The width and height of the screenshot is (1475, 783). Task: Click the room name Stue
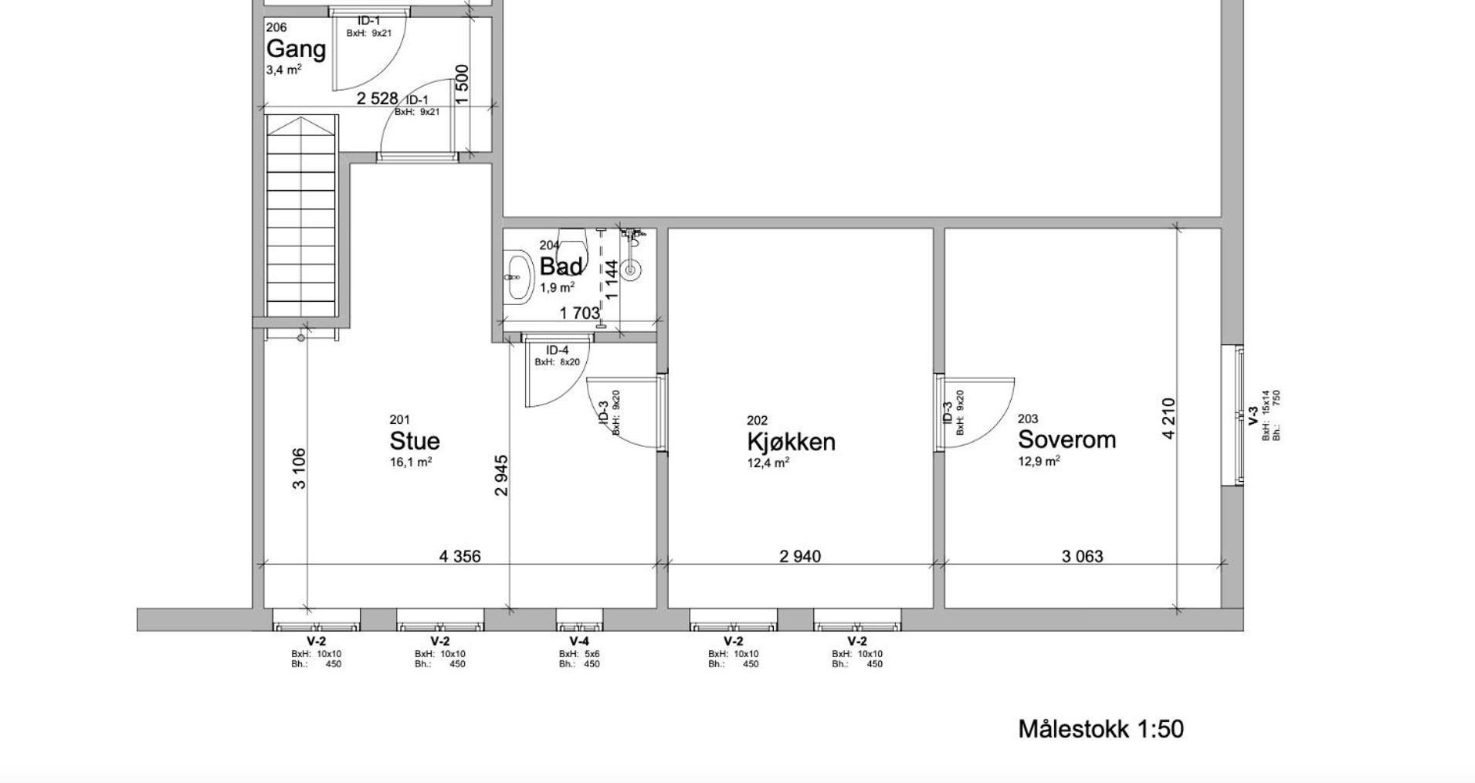[415, 441]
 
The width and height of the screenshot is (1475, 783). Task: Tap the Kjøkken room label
[791, 442]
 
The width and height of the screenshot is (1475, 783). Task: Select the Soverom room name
[1066, 439]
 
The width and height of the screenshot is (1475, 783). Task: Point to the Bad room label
[561, 266]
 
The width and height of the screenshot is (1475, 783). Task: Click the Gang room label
[296, 49]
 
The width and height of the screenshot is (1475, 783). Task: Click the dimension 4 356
[459, 556]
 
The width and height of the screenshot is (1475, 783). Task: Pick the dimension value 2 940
[800, 556]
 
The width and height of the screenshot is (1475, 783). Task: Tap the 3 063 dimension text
[1082, 556]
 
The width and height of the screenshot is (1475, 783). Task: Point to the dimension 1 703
[579, 313]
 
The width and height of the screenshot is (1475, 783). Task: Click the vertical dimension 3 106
[299, 469]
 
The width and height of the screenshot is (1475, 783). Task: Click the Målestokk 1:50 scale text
[1100, 729]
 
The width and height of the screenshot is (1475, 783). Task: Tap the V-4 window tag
[579, 641]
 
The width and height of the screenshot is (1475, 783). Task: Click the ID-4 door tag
[557, 351]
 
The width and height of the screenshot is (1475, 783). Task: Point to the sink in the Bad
[518, 275]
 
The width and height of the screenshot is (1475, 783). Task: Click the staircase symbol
[302, 215]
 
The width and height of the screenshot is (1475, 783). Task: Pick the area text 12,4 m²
[768, 463]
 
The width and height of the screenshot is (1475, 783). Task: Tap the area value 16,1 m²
[411, 462]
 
